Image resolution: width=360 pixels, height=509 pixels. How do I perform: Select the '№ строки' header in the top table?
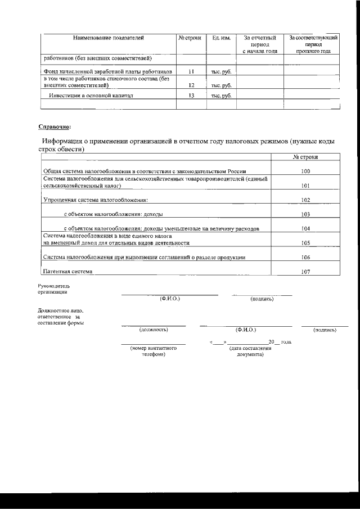click(190, 38)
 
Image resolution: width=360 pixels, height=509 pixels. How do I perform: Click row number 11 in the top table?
click(191, 72)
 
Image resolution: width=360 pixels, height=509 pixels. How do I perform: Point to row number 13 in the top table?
click(191, 96)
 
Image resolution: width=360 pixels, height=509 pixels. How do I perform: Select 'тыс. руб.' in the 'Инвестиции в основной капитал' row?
click(221, 96)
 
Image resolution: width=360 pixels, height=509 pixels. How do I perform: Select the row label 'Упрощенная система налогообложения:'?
click(96, 200)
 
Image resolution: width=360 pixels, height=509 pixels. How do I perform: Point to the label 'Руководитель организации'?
click(52, 290)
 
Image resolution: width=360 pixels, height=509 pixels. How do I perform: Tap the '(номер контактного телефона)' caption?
click(154, 352)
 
